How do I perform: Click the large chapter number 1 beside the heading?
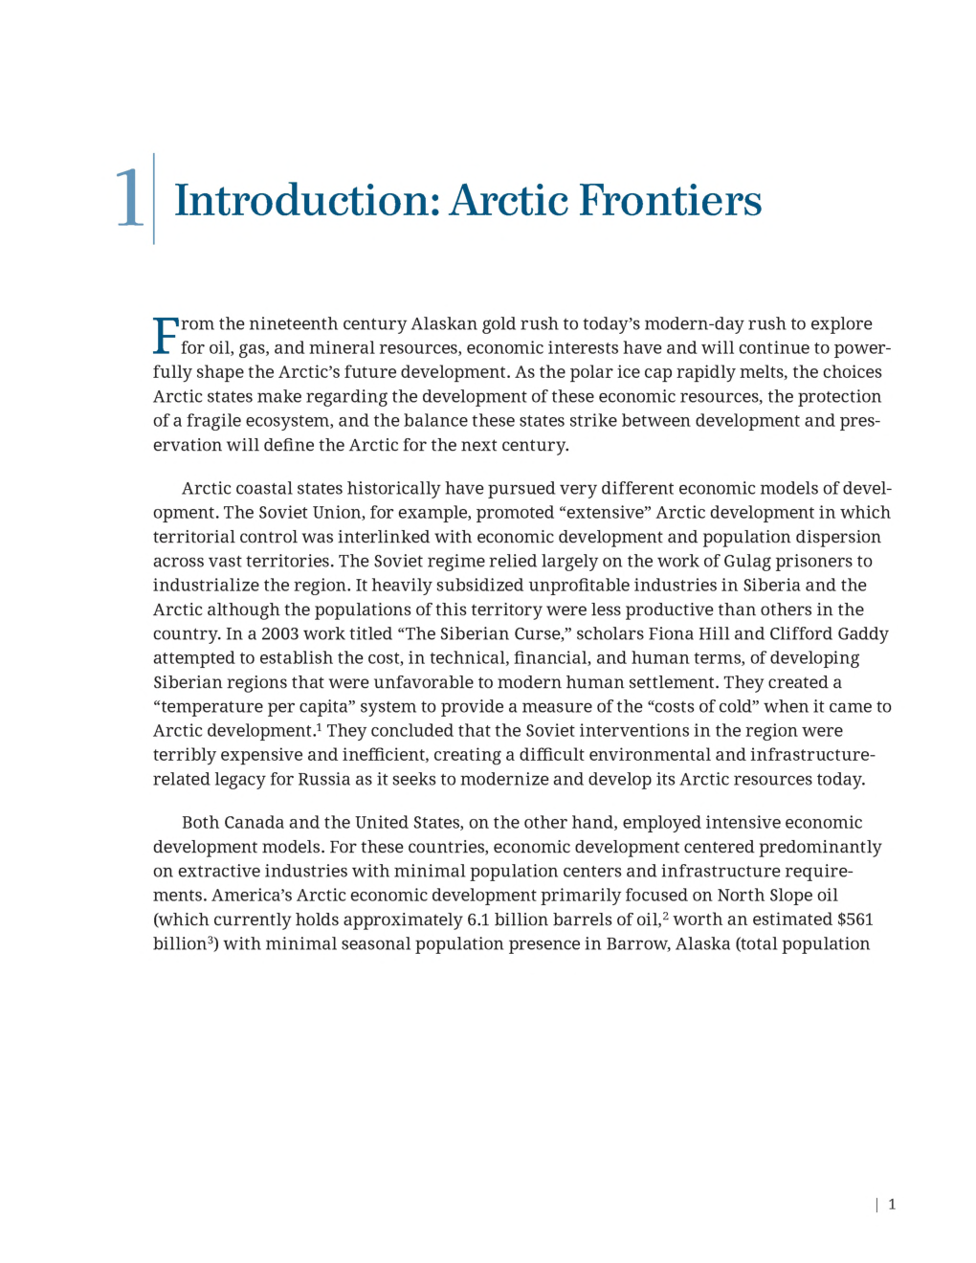pos(129,199)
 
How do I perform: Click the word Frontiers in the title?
pos(671,201)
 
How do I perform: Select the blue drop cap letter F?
pos(166,336)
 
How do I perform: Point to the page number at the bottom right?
pos(892,1205)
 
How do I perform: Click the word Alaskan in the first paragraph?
pos(444,323)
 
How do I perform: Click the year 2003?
pos(279,633)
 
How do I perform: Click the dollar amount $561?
pos(854,920)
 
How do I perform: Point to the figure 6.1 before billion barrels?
pos(477,920)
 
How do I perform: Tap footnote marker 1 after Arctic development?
pos(319,727)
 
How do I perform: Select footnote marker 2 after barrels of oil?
pos(665,916)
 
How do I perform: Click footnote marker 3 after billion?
pos(211,940)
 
